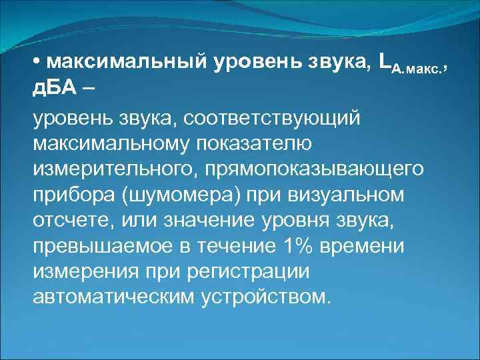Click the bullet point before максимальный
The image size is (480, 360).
(x=37, y=63)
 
